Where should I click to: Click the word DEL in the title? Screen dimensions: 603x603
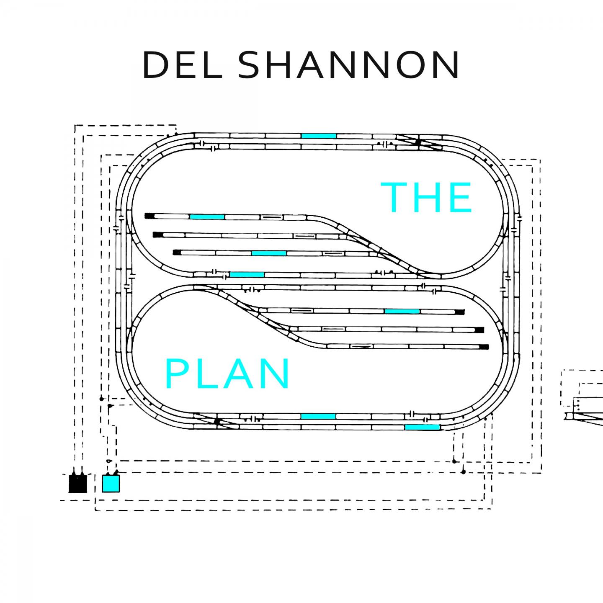182,66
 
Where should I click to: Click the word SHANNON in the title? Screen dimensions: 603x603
351,66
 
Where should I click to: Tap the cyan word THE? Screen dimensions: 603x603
426,197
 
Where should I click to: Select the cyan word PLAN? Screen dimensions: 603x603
228,374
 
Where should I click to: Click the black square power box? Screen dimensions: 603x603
77,484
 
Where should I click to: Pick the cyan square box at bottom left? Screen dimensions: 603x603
111,483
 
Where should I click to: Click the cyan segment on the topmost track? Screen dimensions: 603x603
319,136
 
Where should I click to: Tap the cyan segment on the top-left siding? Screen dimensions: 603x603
207,216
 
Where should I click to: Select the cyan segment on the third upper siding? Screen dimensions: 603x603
269,253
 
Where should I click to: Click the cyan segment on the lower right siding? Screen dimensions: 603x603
402,311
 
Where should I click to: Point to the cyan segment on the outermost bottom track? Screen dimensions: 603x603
422,427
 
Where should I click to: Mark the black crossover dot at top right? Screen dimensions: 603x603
417,142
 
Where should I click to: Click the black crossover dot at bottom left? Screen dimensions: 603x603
217,421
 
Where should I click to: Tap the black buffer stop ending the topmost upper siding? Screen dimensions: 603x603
149,216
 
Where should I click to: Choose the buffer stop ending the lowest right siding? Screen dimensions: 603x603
484,347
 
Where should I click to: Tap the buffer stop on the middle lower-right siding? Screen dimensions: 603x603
480,330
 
